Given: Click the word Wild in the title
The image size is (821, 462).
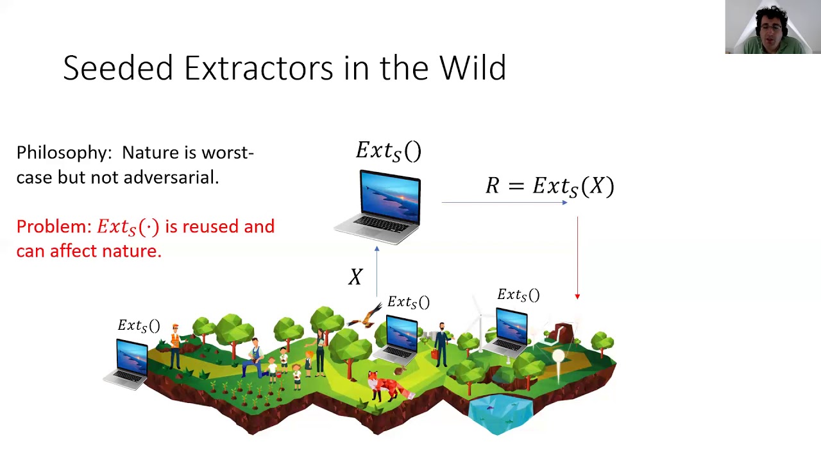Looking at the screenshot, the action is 473,67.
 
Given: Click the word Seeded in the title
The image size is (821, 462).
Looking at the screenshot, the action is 117,67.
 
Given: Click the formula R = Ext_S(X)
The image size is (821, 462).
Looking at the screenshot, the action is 550,186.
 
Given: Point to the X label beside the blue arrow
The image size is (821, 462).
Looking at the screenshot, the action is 355,277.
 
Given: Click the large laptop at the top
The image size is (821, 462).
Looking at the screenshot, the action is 378,207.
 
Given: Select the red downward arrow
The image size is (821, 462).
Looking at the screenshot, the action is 577,258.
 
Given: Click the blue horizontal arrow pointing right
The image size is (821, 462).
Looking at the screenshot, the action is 504,202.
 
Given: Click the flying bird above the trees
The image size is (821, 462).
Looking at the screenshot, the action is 365,316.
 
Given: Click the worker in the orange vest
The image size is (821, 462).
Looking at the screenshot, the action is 176,346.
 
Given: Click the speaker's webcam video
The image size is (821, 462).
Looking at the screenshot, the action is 773,27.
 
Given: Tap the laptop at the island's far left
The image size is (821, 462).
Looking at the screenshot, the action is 126,364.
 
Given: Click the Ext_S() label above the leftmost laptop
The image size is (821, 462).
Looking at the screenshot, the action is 139,325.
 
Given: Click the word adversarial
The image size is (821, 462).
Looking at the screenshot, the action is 171,178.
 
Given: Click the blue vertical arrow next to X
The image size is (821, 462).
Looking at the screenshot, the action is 377,271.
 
